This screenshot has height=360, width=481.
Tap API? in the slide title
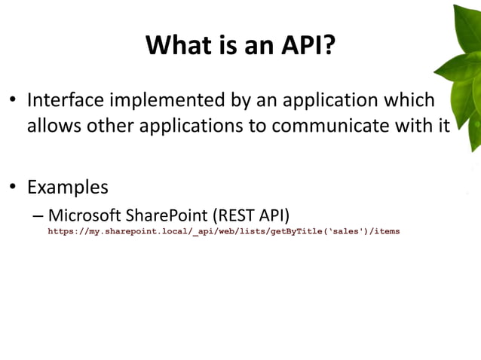(307, 47)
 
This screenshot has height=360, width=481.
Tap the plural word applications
(187, 125)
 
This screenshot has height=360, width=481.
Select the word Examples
(68, 186)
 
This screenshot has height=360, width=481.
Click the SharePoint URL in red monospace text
(224, 231)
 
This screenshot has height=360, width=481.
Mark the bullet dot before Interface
(13, 101)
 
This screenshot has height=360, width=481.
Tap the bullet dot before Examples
(13, 187)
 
